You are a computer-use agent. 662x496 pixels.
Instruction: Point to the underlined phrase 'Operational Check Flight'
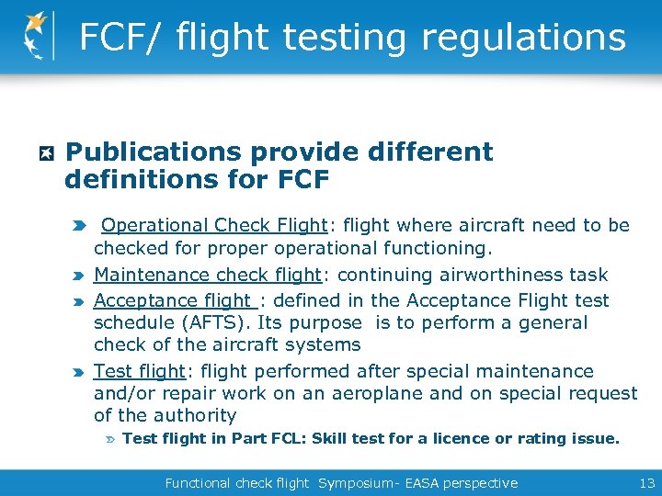pos(214,226)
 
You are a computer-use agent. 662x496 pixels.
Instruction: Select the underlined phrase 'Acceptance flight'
pos(173,300)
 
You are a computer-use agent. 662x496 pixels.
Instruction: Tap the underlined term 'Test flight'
pos(139,371)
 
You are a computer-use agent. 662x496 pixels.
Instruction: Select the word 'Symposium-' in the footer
pos(358,483)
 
